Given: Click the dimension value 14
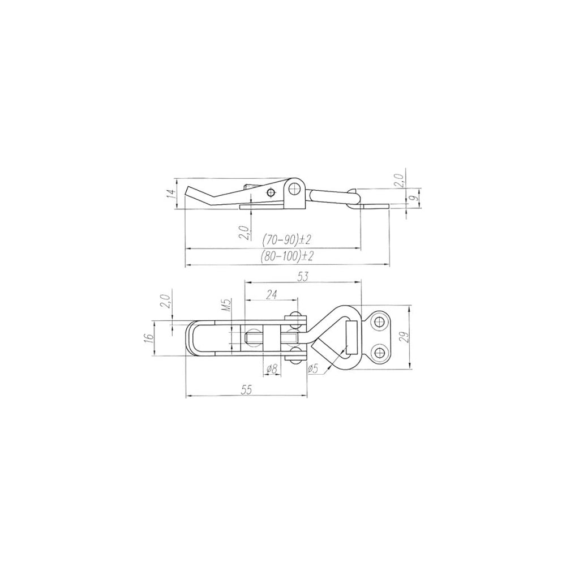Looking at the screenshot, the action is pyautogui.click(x=173, y=194).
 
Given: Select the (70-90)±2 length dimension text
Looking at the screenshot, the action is pyautogui.click(x=286, y=239).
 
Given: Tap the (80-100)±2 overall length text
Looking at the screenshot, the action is pyautogui.click(x=286, y=256).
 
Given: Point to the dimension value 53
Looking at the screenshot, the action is pyautogui.click(x=303, y=277).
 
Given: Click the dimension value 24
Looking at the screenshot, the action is pyautogui.click(x=272, y=295).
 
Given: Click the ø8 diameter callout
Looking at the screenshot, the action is pyautogui.click(x=272, y=369).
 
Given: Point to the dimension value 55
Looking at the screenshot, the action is pyautogui.click(x=246, y=389).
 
